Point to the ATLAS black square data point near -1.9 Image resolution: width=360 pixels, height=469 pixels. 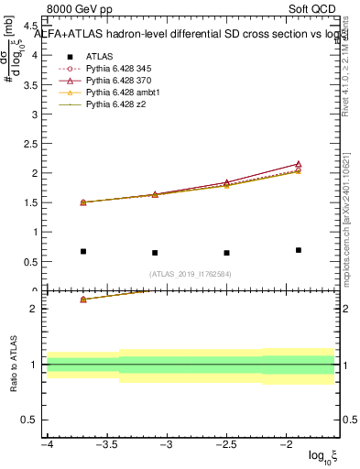point(299,250)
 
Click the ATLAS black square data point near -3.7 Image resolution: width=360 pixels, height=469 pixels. point(83,251)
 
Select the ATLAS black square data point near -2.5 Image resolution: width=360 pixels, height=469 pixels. point(226,253)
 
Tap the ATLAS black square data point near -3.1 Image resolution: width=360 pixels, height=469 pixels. point(155,253)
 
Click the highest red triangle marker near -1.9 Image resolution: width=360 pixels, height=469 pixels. point(299,164)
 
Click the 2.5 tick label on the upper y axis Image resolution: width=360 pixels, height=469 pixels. point(32,144)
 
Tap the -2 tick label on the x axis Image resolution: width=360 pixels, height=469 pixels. point(286,444)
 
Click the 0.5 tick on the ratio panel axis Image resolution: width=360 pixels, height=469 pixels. point(32,420)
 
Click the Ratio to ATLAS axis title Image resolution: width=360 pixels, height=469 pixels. point(12,364)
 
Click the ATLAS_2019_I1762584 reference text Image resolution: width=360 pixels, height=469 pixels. point(191,273)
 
